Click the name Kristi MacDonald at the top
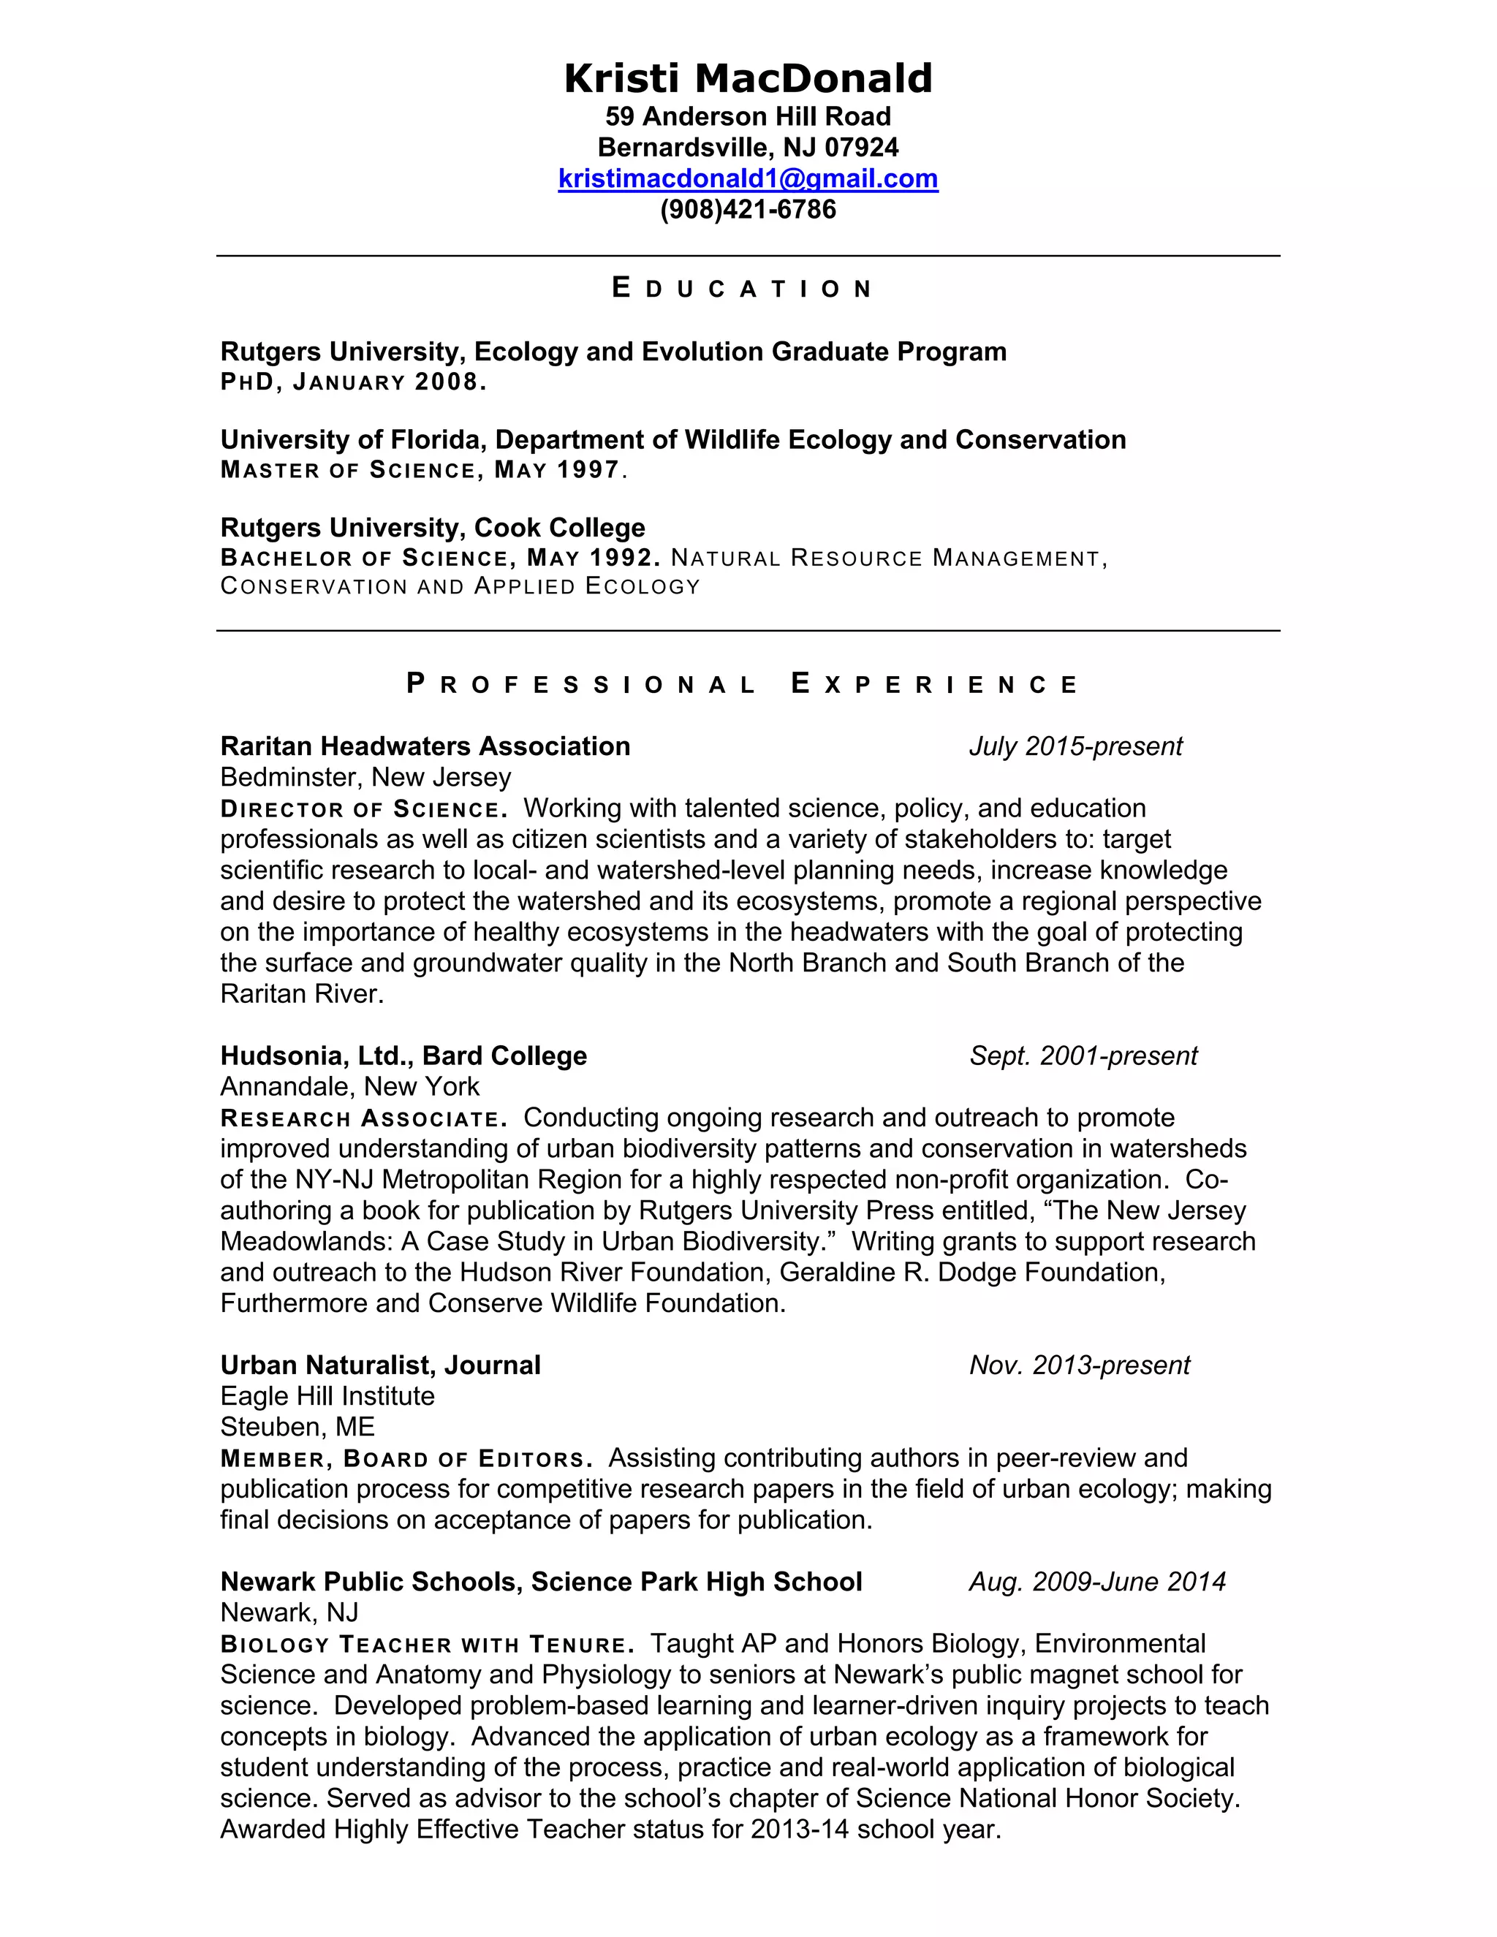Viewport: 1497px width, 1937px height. click(x=748, y=78)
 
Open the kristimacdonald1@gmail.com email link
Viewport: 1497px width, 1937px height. click(x=748, y=178)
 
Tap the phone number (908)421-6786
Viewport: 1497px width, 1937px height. click(x=748, y=209)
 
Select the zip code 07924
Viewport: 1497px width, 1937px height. click(x=861, y=147)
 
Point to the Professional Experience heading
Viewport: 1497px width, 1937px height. click(x=743, y=684)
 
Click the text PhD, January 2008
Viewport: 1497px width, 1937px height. click(x=353, y=382)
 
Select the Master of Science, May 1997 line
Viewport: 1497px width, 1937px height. click(x=423, y=470)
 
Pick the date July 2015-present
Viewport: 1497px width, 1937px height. click(x=1075, y=746)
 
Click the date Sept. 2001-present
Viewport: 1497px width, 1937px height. click(x=1083, y=1055)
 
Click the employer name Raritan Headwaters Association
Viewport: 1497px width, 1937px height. click(x=425, y=746)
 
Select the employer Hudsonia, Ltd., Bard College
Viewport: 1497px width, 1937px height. click(x=403, y=1055)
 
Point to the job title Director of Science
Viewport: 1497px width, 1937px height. click(x=363, y=810)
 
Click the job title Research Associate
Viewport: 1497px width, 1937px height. click(x=363, y=1119)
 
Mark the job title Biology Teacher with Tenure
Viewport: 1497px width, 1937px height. click(x=428, y=1645)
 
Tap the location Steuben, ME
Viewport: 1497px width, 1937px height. click(x=297, y=1427)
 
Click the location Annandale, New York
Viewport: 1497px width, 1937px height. click(x=349, y=1086)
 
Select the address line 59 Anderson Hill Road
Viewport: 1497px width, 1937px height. click(x=748, y=116)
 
